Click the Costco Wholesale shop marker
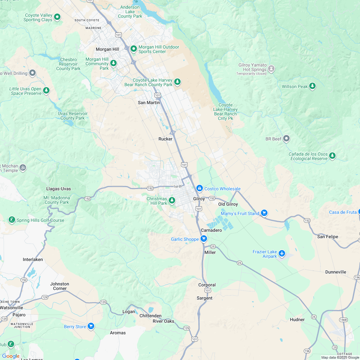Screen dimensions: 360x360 (x=200, y=188)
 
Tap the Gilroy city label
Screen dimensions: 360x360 (x=199, y=199)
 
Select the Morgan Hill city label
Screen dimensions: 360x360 (x=107, y=49)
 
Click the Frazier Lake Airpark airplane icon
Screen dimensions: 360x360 (x=282, y=253)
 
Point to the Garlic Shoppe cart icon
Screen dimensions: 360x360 (x=203, y=239)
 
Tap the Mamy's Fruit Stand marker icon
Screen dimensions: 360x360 (x=264, y=213)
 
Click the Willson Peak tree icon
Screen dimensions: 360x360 (x=312, y=86)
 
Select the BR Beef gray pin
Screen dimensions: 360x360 (x=286, y=139)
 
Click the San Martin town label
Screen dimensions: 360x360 (x=148, y=103)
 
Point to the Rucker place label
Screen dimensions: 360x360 (x=166, y=139)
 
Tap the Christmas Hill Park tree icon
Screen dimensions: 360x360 (x=172, y=201)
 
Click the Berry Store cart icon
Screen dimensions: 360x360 (x=91, y=326)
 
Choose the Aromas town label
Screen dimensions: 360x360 (x=118, y=333)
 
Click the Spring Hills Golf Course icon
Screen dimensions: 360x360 (x=12, y=220)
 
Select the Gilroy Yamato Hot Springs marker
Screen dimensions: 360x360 (x=272, y=68)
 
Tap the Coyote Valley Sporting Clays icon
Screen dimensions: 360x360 (x=57, y=17)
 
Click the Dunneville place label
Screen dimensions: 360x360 (x=336, y=272)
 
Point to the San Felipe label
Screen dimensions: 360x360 (x=328, y=237)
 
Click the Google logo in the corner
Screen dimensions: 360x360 (x=11, y=356)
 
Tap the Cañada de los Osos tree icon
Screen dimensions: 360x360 (x=332, y=156)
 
